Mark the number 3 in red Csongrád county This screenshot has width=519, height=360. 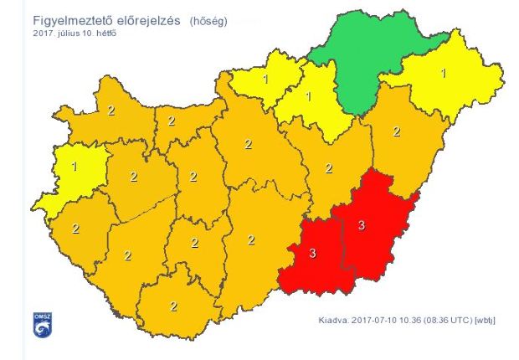pos(313,254)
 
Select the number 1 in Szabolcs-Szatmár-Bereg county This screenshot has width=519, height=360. pos(443,73)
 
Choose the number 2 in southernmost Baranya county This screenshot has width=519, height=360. pos(173,306)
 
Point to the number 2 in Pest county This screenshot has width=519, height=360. pos(248,144)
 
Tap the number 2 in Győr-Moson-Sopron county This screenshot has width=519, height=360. pos(110,110)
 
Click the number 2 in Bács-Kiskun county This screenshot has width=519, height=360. pos(250,240)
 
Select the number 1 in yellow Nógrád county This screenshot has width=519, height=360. pos(265,80)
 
